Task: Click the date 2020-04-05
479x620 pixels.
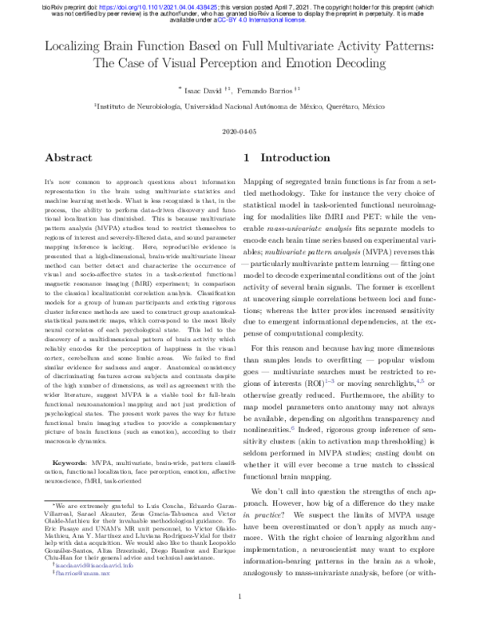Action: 239,130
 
